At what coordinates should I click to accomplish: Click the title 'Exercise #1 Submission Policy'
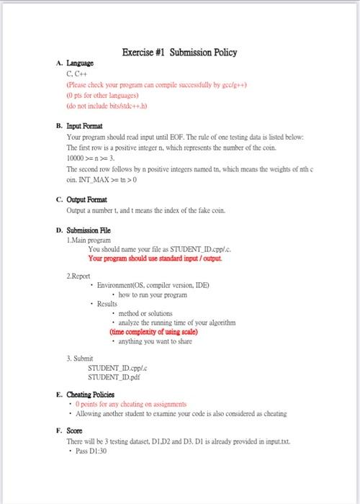click(179, 52)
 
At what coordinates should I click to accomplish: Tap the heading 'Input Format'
click(85, 124)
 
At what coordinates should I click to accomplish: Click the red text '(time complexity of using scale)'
click(153, 332)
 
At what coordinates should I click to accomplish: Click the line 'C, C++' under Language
click(77, 73)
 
